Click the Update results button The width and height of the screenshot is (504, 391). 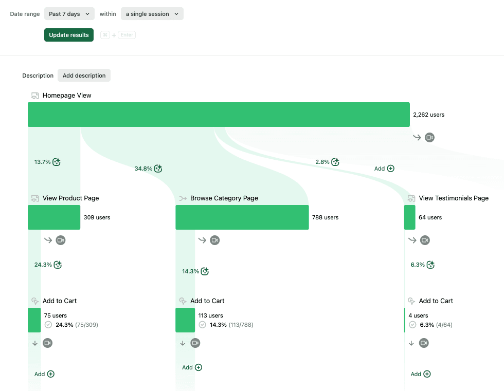pos(69,35)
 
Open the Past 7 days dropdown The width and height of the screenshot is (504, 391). pos(69,14)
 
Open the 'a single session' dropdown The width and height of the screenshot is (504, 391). pos(152,14)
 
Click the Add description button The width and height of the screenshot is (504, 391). pos(84,76)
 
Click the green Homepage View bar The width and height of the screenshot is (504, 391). pos(219,115)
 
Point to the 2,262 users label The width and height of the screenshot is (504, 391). pos(428,115)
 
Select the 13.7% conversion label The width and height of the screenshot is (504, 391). pos(43,162)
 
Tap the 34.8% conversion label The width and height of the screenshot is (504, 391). pos(143,169)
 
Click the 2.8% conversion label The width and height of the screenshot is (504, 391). pos(322,162)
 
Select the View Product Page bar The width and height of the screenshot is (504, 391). pos(54,217)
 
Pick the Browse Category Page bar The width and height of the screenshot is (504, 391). pos(242,217)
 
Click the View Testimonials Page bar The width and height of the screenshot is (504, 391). pos(409,217)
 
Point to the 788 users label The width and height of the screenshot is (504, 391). pos(325,217)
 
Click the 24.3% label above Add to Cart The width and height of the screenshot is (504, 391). pos(43,265)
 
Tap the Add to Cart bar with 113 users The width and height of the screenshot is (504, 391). pos(185,320)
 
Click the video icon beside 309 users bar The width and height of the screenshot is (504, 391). pos(61,240)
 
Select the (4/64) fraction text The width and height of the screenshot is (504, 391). pos(444,325)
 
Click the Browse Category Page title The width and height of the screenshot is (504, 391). pos(224,198)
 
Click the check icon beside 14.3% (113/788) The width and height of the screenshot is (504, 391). pos(203,325)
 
